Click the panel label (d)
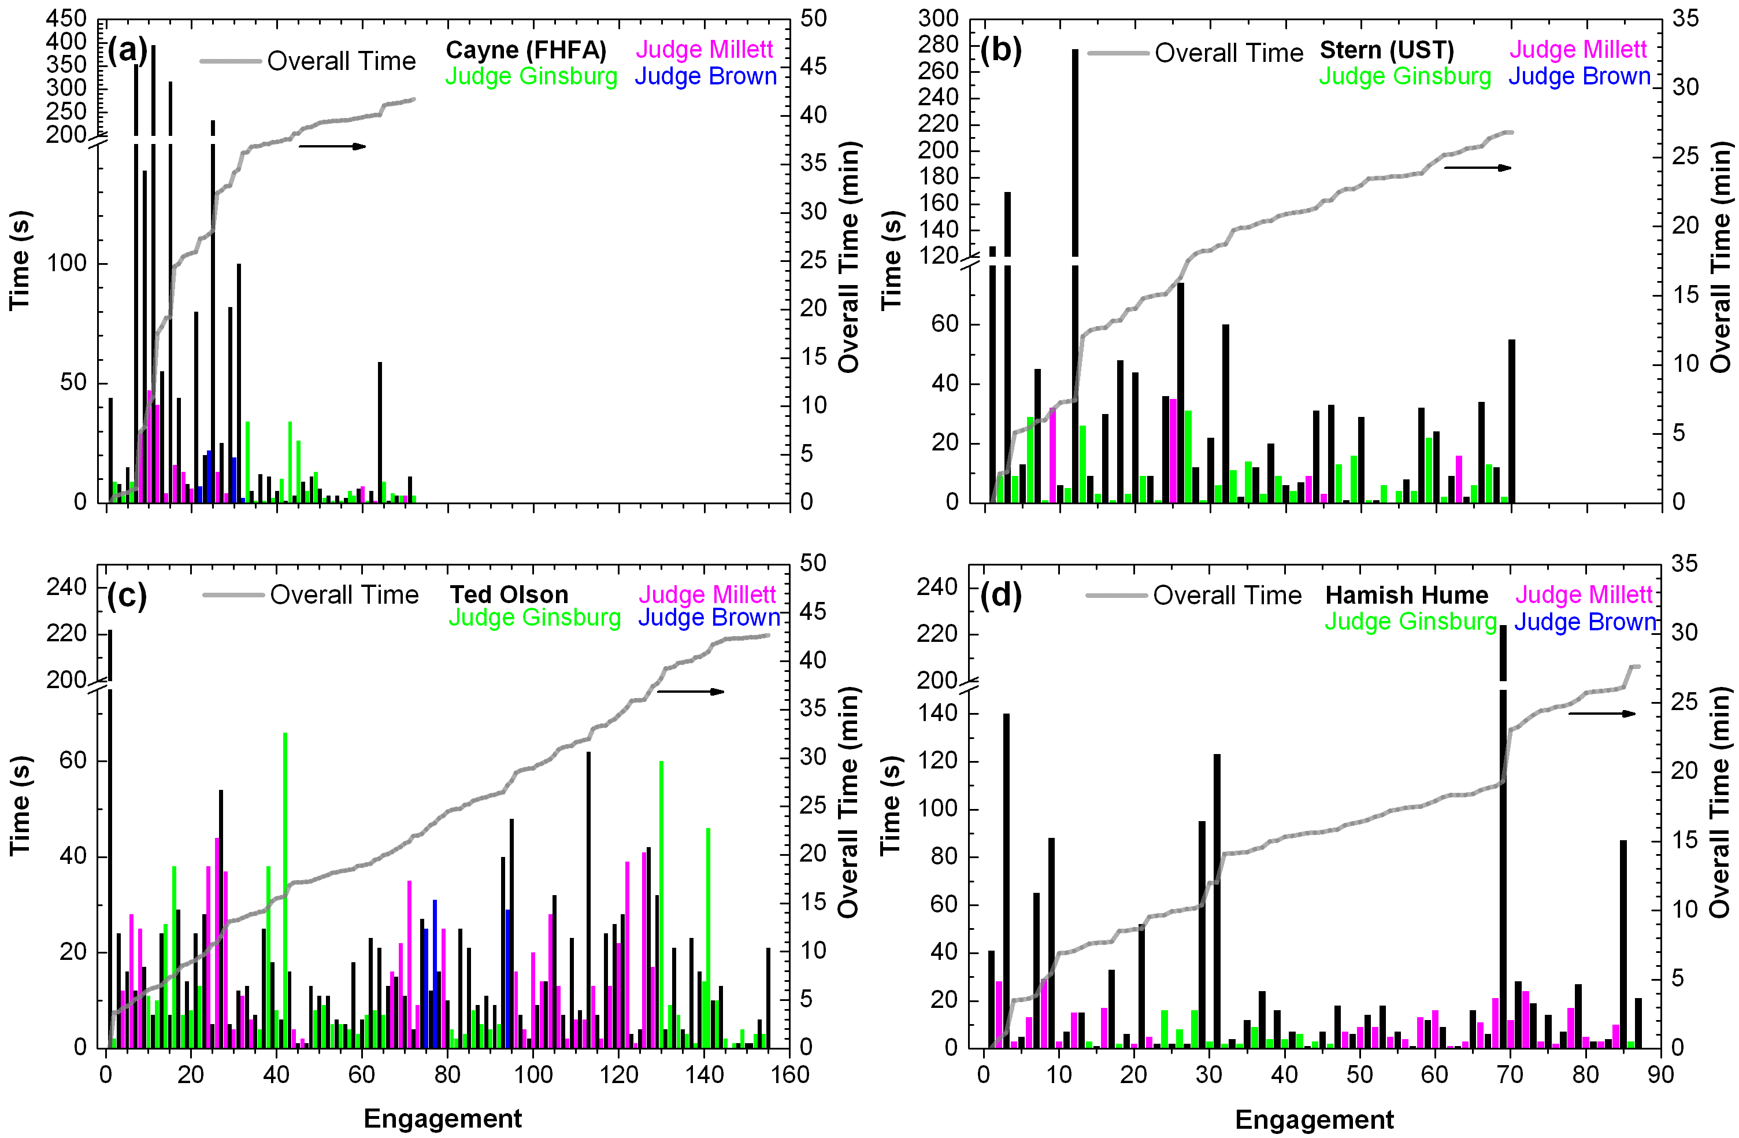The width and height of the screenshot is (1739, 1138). (1000, 596)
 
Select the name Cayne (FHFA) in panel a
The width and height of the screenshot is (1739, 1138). (525, 50)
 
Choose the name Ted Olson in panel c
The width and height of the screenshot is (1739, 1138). (509, 594)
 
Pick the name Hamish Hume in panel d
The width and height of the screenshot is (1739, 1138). (1407, 595)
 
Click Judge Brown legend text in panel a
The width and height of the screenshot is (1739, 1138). (705, 76)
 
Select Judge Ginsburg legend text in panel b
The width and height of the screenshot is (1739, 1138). (1404, 76)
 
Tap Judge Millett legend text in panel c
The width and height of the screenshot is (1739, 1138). (707, 594)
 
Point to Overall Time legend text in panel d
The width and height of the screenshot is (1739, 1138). (1227, 595)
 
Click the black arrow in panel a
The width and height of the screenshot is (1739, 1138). (332, 146)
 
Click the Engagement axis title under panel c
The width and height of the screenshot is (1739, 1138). (443, 1118)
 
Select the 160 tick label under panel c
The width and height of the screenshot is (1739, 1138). (790, 1074)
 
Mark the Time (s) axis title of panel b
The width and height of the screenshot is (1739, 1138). (891, 261)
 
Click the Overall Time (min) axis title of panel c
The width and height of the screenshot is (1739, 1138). (848, 802)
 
